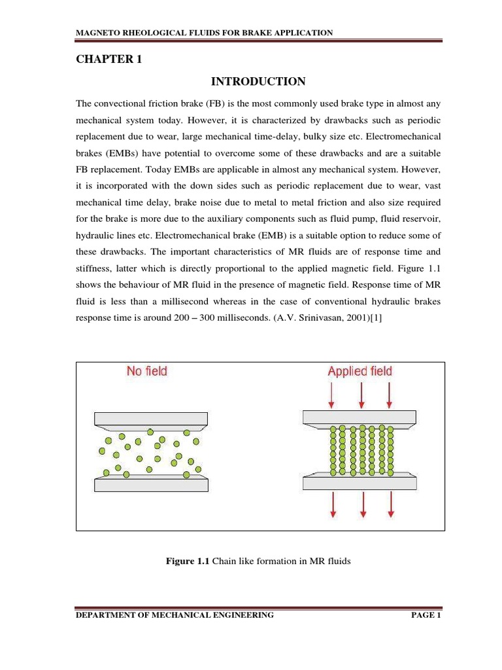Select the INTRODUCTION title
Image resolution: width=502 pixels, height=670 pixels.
pyautogui.click(x=258, y=82)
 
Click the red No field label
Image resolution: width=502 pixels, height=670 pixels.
pyautogui.click(x=147, y=372)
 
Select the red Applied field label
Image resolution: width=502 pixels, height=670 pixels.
pyautogui.click(x=360, y=372)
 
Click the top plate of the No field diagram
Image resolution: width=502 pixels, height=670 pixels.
pyautogui.click(x=152, y=418)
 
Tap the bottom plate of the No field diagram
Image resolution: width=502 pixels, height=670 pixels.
pyautogui.click(x=152, y=484)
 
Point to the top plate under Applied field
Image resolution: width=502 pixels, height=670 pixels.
pyautogui.click(x=359, y=417)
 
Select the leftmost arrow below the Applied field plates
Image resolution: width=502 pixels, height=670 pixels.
pyautogui.click(x=333, y=504)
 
